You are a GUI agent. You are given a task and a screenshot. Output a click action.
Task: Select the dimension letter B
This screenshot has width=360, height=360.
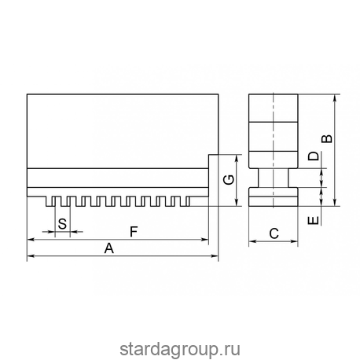coord(327,138)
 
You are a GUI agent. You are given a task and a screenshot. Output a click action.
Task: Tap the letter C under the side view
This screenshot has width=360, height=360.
coord(274,233)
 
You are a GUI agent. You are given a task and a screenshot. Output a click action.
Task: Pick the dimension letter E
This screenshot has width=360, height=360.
coord(313,220)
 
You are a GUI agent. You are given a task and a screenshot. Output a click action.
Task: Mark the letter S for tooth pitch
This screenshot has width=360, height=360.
coord(62,225)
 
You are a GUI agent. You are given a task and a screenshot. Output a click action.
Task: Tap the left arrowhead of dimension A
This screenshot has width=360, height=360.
coord(30,256)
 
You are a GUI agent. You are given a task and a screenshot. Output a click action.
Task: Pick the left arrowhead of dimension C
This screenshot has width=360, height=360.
coord(252,241)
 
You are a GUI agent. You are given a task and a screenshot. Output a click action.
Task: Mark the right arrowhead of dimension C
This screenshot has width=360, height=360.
coord(296,241)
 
